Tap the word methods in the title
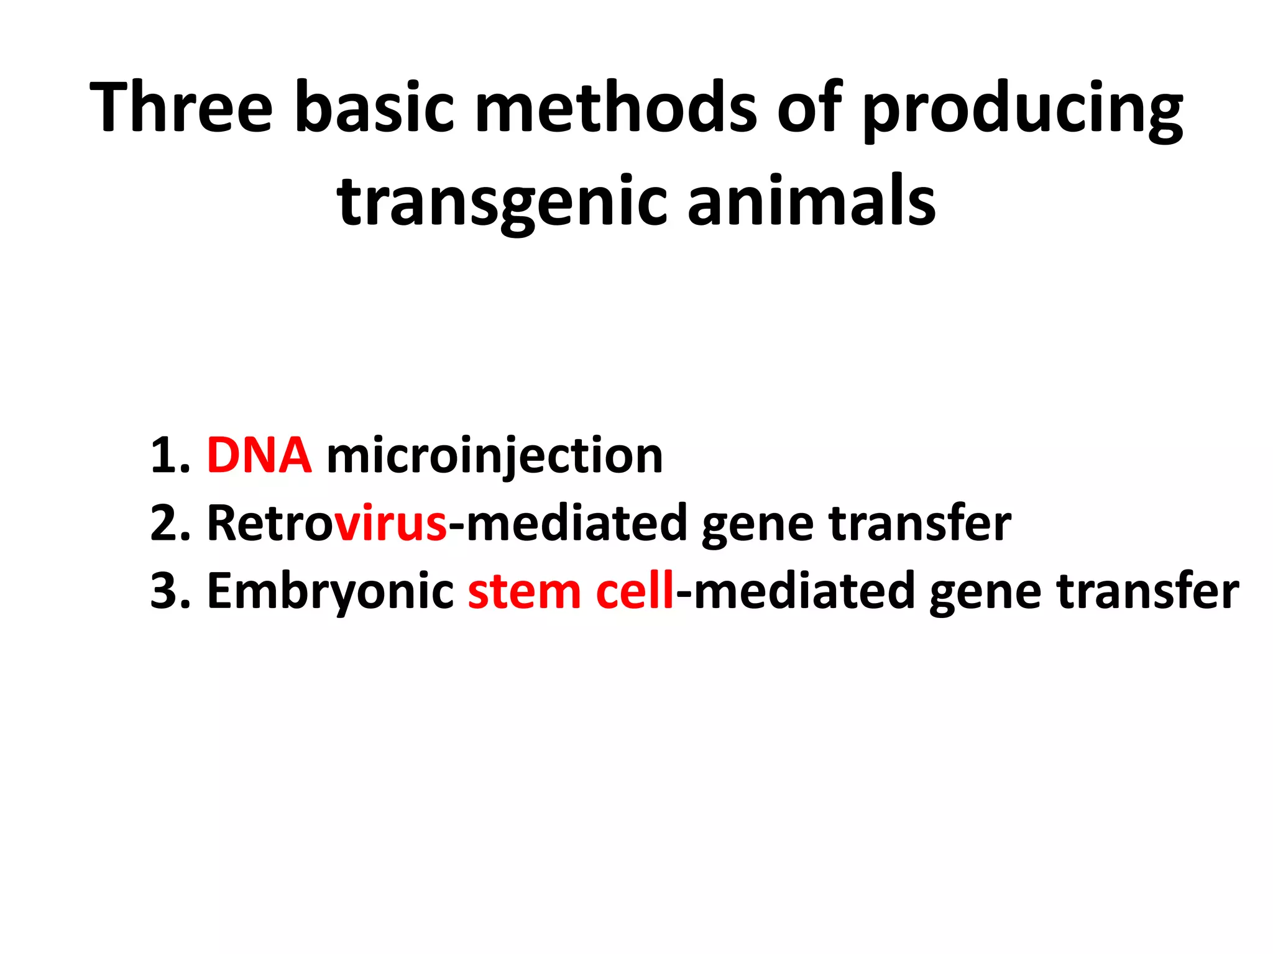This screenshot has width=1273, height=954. tap(615, 107)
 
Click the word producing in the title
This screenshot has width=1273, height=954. tap(1022, 112)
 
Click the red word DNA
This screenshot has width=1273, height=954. tap(259, 456)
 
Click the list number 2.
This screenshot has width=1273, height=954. tap(170, 524)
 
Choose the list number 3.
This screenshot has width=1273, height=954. tap(170, 591)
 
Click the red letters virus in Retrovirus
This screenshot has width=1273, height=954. tap(390, 524)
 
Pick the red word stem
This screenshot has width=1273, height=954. tap(524, 591)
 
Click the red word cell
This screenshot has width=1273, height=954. tap(635, 591)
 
